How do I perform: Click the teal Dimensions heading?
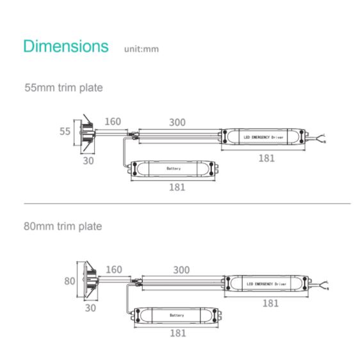[x=66, y=46]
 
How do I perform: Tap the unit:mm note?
[x=141, y=49]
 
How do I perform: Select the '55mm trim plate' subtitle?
[x=63, y=88]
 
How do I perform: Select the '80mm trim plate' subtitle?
[x=63, y=226]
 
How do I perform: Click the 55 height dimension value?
[x=65, y=132]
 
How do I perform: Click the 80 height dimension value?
[x=70, y=280]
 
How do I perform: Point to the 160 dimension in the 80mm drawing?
[x=114, y=270]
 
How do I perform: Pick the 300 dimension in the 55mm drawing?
[x=177, y=122]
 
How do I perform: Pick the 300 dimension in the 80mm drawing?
[x=181, y=270]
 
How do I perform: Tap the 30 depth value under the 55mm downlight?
[x=88, y=161]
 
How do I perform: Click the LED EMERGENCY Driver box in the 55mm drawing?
[x=262, y=137]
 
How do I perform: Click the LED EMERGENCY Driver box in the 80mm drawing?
[x=266, y=283]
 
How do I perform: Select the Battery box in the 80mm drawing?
[x=177, y=315]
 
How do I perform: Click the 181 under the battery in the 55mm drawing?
[x=177, y=187]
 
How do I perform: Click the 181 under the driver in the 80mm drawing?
[x=270, y=302]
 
